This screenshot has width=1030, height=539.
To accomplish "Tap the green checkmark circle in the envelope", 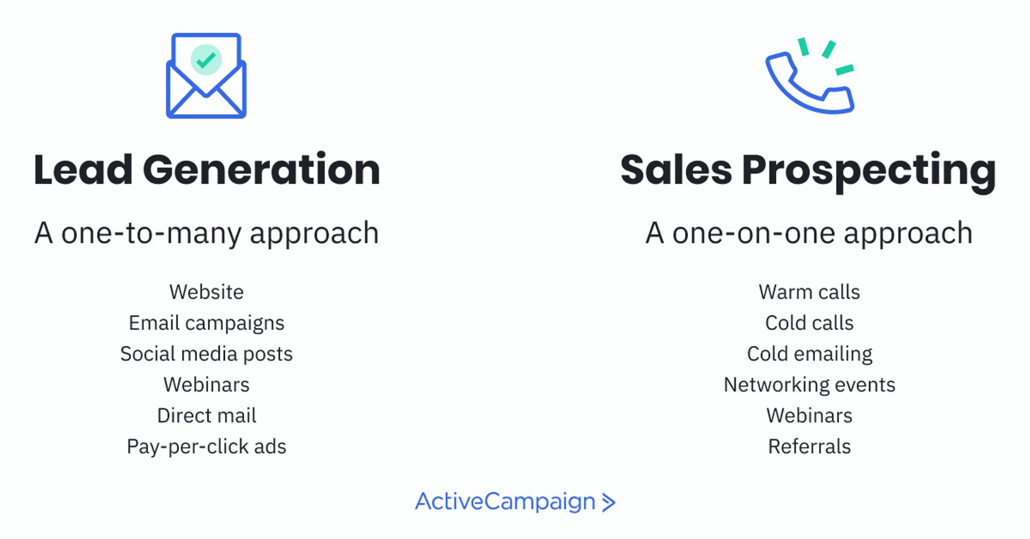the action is (206, 60).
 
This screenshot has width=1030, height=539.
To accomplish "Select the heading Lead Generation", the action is (207, 170).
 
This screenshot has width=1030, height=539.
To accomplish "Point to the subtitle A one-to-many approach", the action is (207, 233).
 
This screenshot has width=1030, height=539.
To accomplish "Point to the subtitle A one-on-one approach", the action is (809, 233).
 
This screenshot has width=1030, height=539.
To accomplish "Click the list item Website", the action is (207, 292).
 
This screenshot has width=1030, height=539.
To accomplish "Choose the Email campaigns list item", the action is (207, 323).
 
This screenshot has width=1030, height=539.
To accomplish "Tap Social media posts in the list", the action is (207, 354).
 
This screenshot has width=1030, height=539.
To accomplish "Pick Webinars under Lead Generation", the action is (207, 385).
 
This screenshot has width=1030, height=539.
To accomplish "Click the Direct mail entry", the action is (207, 416).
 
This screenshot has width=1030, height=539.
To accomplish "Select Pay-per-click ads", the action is (207, 447).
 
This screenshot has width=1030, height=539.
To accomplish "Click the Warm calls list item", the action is (809, 292).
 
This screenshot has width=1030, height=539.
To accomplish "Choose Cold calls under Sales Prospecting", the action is (809, 323).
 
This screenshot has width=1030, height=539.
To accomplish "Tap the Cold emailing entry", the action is (810, 354).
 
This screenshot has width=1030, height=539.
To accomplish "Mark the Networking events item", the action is (810, 385).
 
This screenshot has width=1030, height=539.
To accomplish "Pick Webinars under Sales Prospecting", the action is (809, 416).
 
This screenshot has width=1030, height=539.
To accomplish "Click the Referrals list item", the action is (809, 447).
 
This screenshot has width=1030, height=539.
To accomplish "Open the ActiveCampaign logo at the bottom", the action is (515, 502).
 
